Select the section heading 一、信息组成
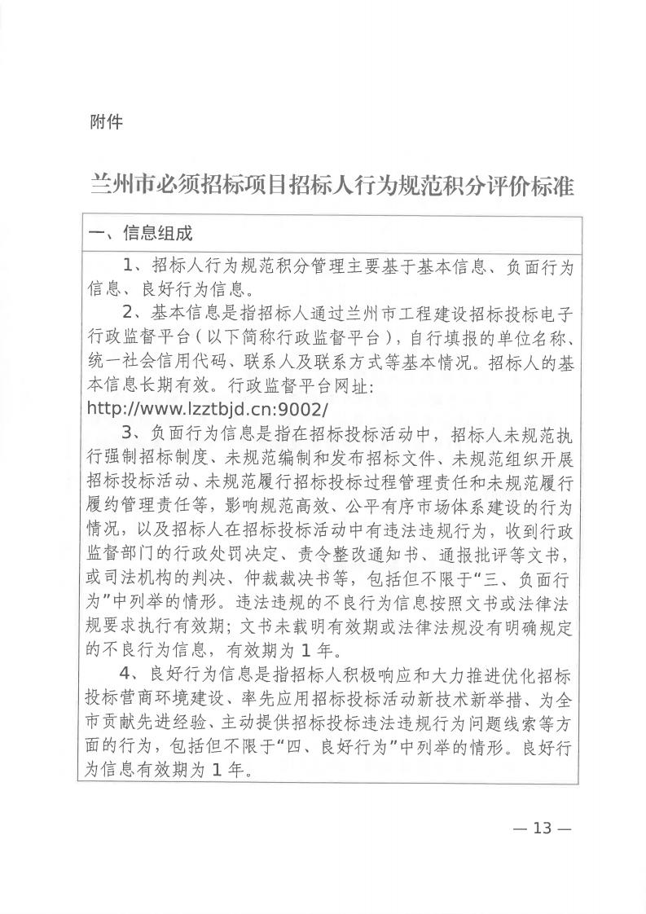pyautogui.click(x=140, y=234)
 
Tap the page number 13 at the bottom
pyautogui.click(x=542, y=828)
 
